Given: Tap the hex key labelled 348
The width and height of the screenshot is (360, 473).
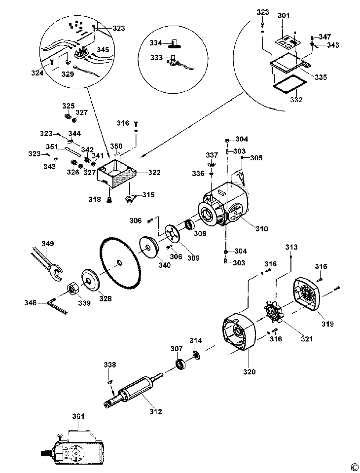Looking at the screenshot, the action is pos(58,306).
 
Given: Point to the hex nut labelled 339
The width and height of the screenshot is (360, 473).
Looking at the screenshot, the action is pos(72,289).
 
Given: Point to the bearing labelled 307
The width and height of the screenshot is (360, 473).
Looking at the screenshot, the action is pos(180,364).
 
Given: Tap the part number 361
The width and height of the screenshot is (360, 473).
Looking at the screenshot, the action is pos(78,416).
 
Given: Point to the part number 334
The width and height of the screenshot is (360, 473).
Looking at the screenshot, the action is pos(156,43).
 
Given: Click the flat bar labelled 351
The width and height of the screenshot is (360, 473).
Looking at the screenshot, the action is pos(72,150).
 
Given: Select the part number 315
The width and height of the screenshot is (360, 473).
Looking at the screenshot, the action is pos(148,194).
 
